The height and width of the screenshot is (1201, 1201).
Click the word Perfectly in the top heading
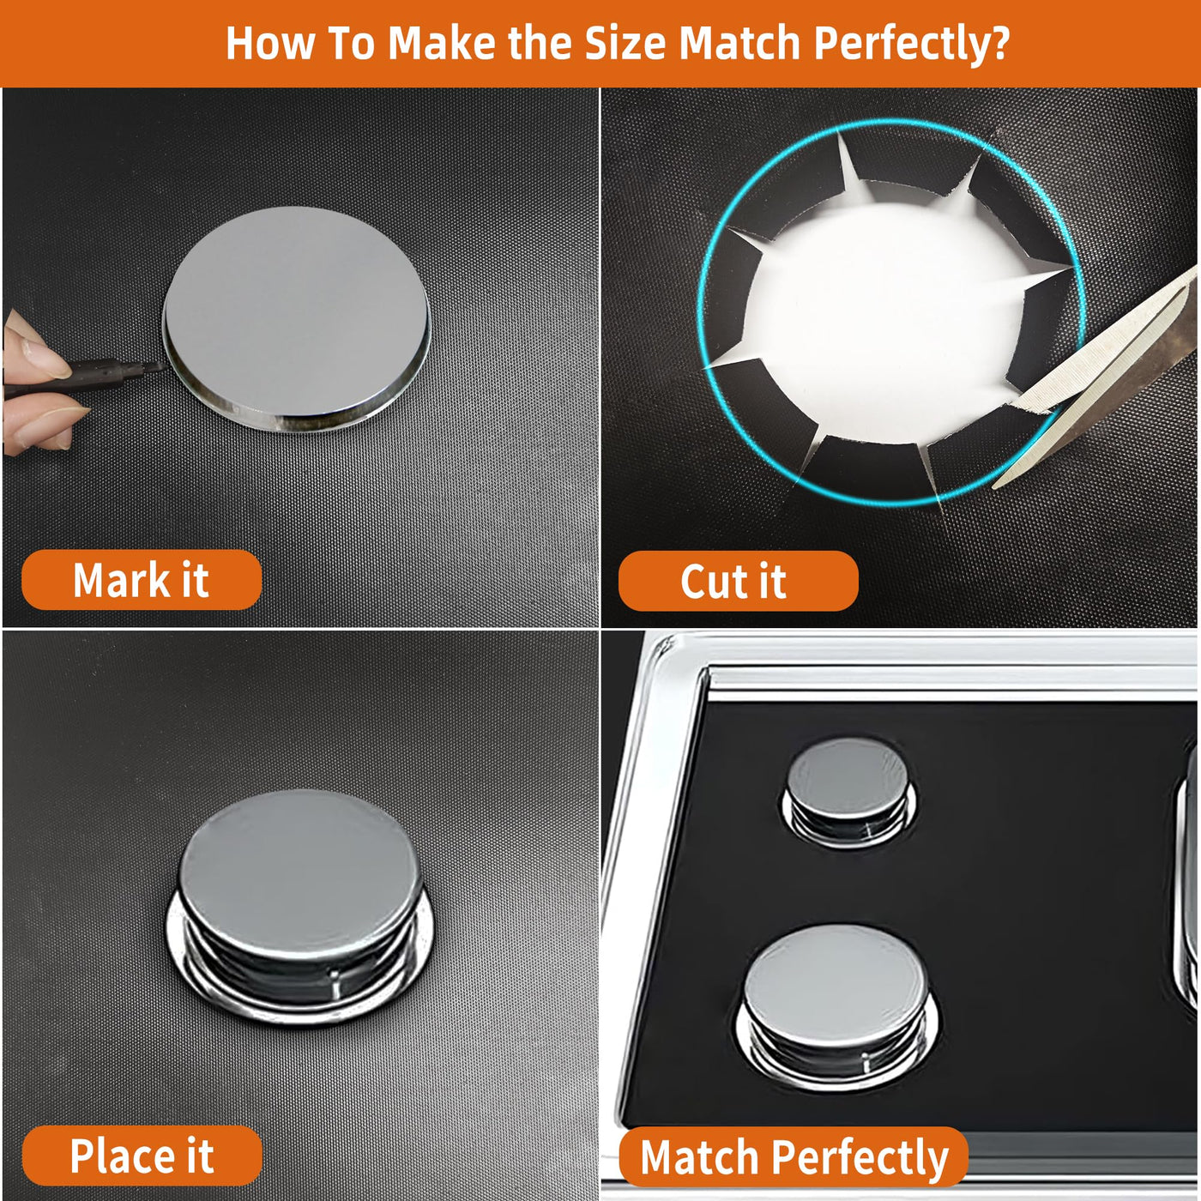(903, 44)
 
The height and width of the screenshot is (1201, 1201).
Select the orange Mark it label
(142, 580)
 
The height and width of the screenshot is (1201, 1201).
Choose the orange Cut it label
(738, 581)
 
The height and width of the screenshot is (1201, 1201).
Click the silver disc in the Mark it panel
(297, 319)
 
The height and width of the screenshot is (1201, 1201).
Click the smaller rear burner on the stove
(849, 792)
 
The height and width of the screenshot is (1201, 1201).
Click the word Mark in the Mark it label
(119, 580)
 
